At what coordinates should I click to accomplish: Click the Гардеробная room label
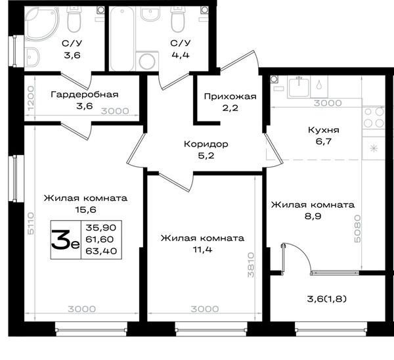click(x=85, y=95)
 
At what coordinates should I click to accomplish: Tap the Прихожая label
click(x=230, y=97)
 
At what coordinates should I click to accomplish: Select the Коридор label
click(x=206, y=145)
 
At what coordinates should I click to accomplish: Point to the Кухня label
click(x=324, y=130)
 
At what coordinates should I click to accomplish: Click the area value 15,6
click(x=85, y=210)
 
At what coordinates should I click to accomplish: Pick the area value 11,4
click(x=202, y=250)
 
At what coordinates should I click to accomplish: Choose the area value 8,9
click(x=313, y=216)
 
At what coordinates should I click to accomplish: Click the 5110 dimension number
click(x=31, y=223)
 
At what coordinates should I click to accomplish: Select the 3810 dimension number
click(x=251, y=265)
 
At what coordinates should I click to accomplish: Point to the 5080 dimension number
click(x=357, y=229)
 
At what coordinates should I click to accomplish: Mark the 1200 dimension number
click(x=31, y=98)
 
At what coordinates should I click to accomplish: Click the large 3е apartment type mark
click(x=65, y=240)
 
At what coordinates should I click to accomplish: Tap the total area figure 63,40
click(x=101, y=251)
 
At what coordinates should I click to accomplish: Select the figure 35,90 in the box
click(x=101, y=228)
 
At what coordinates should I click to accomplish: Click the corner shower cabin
click(x=42, y=24)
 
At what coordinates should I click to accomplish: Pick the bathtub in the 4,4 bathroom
click(x=122, y=39)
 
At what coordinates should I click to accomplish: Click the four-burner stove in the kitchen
click(x=374, y=118)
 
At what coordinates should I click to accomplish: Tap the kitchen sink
click(x=299, y=86)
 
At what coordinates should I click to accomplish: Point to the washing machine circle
click(x=147, y=62)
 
